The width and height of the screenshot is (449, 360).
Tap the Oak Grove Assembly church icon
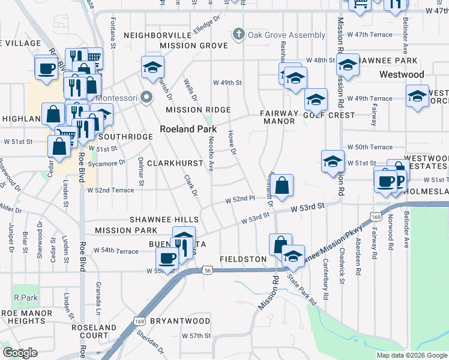[x=239, y=34]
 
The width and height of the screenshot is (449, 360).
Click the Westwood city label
[x=402, y=75]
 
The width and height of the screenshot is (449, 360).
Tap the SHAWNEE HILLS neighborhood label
[x=164, y=220]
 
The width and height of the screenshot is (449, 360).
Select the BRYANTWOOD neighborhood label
[x=180, y=321]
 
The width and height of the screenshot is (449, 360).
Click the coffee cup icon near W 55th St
[x=167, y=257]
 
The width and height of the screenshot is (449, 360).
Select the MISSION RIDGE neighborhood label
[x=198, y=110]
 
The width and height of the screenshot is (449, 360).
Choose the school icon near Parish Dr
[x=152, y=67]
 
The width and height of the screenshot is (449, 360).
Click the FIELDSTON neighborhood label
[x=243, y=259]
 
